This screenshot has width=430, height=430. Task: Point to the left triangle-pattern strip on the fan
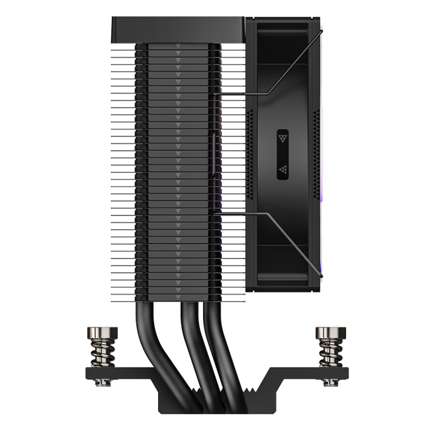[x=249, y=155]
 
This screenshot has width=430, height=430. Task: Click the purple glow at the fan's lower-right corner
[x=321, y=268]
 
